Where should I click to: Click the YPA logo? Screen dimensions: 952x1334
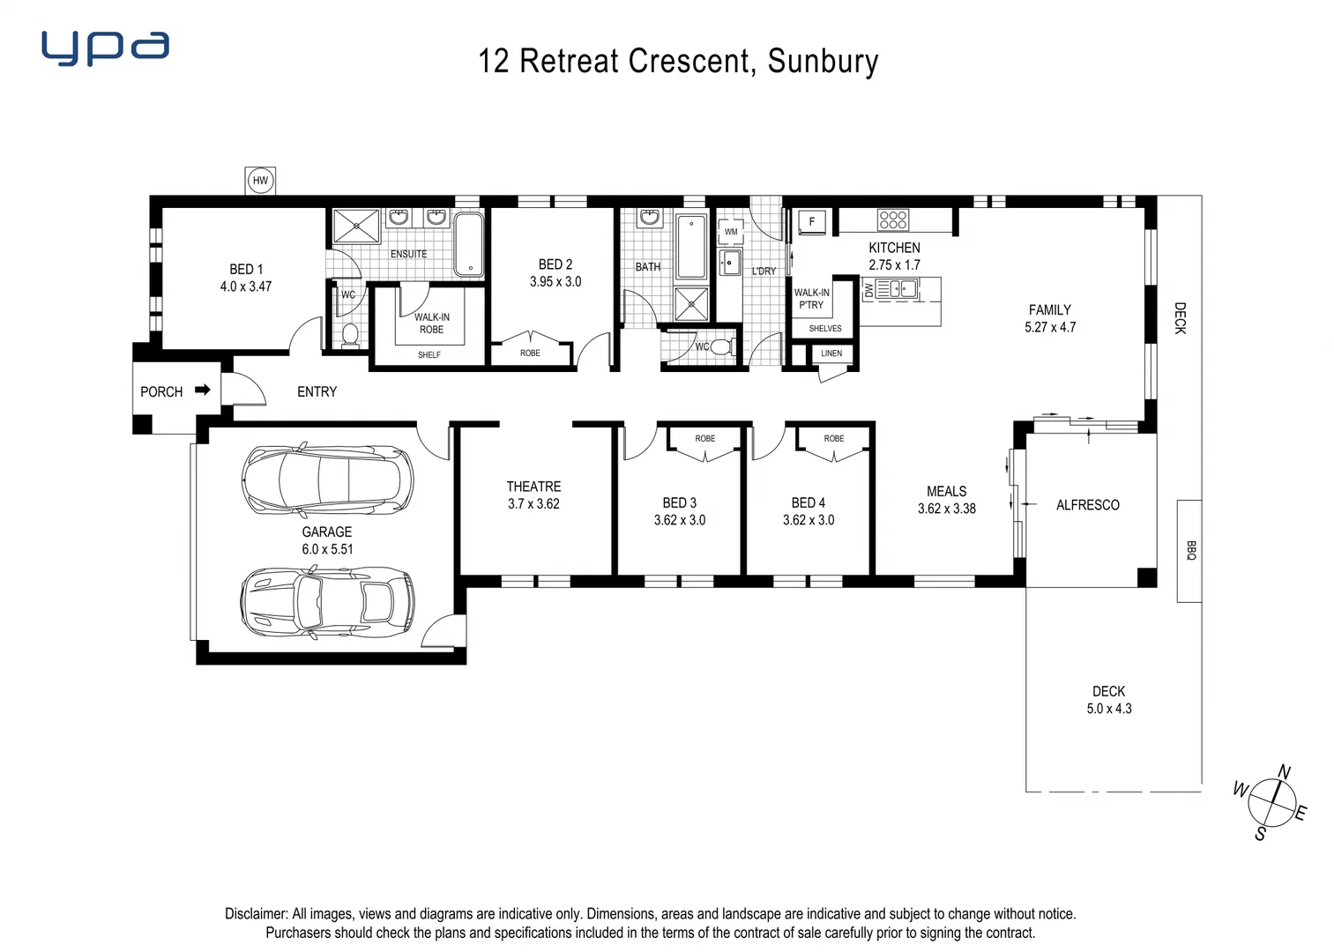click(x=105, y=48)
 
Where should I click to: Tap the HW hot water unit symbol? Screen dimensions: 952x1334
click(x=260, y=182)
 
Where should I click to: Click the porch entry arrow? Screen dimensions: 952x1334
click(x=203, y=390)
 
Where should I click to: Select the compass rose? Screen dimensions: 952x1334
click(x=1271, y=802)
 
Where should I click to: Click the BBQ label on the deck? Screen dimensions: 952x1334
click(x=1189, y=551)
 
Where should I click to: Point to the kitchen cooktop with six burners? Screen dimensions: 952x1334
click(x=892, y=219)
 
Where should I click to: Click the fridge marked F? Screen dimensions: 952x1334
click(x=812, y=222)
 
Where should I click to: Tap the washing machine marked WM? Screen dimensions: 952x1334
click(x=731, y=232)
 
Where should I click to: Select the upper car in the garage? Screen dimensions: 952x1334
click(x=327, y=480)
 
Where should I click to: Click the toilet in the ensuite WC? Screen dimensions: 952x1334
click(x=350, y=334)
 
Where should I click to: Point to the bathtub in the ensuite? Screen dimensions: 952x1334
click(x=468, y=244)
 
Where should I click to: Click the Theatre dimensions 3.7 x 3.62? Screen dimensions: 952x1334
click(x=533, y=504)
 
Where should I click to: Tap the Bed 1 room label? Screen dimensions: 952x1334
click(x=246, y=269)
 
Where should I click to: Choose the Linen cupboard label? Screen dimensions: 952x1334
click(x=831, y=353)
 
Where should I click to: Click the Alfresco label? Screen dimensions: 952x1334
click(x=1087, y=505)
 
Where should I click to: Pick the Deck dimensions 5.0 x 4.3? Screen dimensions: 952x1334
click(x=1108, y=709)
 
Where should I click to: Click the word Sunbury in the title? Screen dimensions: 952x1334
click(x=823, y=61)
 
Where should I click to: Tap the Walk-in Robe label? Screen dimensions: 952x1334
click(x=431, y=324)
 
